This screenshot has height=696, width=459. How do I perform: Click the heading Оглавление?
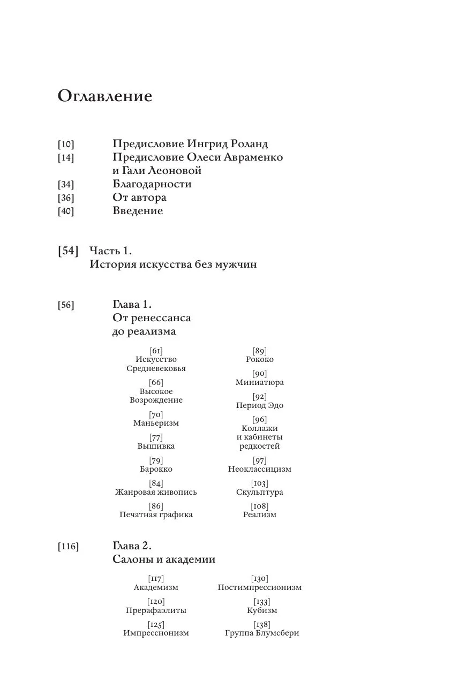[105, 96]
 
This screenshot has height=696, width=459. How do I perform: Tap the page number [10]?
[66, 144]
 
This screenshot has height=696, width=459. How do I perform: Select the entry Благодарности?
[152, 184]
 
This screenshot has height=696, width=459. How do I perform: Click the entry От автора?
[139, 198]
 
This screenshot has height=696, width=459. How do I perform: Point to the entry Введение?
[138, 211]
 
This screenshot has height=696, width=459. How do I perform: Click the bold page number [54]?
[68, 251]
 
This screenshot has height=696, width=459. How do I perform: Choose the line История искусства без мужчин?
[173, 264]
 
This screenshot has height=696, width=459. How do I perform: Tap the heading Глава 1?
[132, 305]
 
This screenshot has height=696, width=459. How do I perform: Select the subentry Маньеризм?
[156, 423]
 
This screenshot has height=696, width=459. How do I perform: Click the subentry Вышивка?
[156, 446]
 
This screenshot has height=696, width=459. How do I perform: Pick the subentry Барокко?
[156, 469]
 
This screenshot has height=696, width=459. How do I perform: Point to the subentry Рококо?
[260, 359]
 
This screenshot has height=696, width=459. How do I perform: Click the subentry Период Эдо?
[260, 405]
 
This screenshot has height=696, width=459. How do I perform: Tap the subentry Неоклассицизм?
[260, 469]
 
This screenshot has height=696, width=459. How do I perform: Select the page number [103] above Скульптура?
[260, 483]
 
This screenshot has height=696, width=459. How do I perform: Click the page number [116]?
[68, 546]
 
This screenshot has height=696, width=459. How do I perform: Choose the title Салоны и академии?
[164, 559]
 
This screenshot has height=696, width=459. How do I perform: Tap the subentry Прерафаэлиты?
[156, 610]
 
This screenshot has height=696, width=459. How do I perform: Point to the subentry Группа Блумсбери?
[262, 633]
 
